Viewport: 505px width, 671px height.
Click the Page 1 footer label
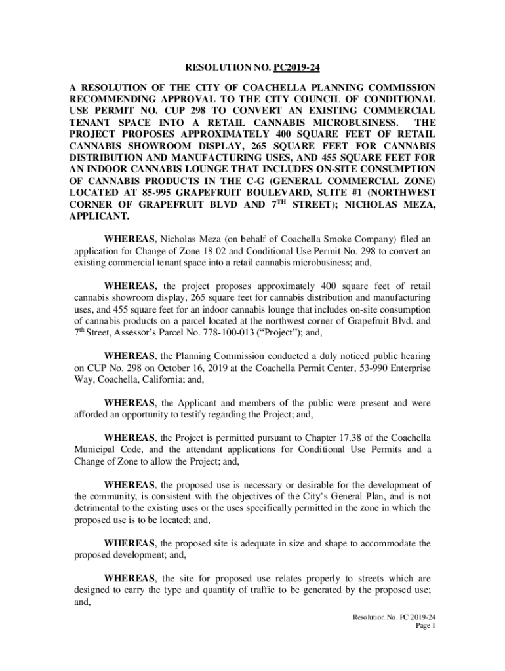pos(425,626)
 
